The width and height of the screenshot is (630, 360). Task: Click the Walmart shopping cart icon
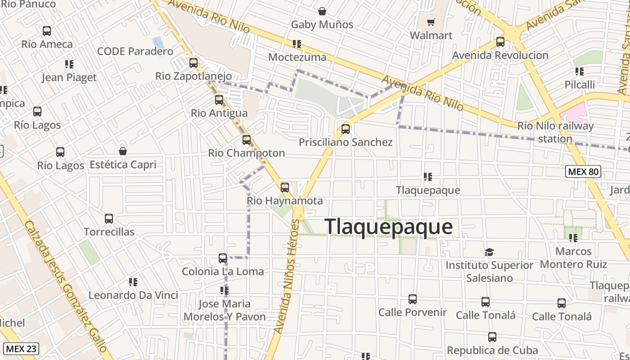point(431,22)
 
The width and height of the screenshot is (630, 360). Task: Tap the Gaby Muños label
point(322,25)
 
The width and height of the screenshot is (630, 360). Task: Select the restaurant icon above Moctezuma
point(297,44)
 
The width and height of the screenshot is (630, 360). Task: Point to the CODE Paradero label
point(135,51)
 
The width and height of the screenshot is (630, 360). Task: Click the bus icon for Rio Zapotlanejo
point(193,63)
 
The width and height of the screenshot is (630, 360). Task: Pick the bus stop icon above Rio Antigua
point(219,100)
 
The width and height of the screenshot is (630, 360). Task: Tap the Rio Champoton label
point(246,153)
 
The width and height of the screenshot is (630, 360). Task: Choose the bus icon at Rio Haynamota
point(285,188)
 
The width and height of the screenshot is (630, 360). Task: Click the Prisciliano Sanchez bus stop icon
point(346,129)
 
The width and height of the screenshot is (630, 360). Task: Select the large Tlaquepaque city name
point(388,226)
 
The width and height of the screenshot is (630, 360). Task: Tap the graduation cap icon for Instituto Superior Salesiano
point(489,252)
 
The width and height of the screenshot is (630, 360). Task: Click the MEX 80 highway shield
point(583,171)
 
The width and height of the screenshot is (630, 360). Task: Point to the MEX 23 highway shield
point(21,348)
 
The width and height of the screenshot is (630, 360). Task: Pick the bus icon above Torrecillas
point(109,219)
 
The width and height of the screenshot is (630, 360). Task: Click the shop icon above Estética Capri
point(123,151)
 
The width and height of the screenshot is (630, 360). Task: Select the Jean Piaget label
point(69,77)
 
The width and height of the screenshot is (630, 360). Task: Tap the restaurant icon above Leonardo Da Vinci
point(133,282)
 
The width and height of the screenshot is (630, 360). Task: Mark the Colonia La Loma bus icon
point(223,258)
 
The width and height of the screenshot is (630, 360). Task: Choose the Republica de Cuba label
point(492,350)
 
